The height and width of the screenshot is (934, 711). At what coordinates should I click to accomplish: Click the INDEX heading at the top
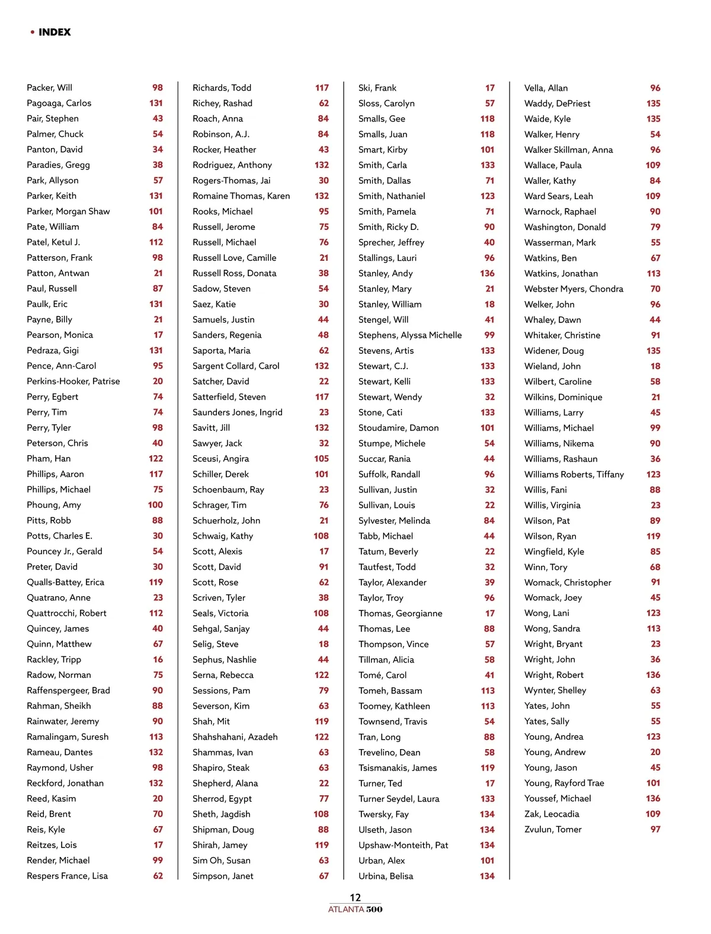tap(54, 32)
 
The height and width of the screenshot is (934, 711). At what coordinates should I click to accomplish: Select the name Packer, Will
tap(50, 88)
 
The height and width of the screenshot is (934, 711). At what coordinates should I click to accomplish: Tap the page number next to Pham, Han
tap(156, 459)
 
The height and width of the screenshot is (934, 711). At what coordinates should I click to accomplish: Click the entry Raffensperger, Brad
tap(68, 690)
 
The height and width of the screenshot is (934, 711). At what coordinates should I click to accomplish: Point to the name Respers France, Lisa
tap(67, 876)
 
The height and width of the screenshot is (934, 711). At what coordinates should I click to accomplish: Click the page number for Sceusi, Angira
tap(321, 459)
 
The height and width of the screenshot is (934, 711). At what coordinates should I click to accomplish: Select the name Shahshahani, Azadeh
tap(235, 737)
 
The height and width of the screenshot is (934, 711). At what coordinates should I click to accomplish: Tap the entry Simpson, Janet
tap(223, 876)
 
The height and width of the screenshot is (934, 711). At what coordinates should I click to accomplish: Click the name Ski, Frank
tap(377, 88)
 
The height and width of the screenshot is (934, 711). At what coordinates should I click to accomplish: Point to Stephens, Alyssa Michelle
tap(410, 335)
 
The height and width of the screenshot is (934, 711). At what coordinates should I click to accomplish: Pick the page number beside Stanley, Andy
tap(487, 273)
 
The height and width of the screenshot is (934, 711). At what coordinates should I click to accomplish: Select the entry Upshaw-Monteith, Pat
tap(403, 845)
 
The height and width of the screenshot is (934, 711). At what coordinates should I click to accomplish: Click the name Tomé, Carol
tap(382, 675)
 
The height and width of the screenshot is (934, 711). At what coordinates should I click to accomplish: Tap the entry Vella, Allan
tap(546, 88)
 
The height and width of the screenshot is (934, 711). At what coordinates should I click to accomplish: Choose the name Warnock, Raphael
tap(560, 212)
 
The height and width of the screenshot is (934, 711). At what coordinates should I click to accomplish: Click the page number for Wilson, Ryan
tap(653, 536)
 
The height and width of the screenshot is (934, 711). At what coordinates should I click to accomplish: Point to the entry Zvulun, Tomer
tap(553, 830)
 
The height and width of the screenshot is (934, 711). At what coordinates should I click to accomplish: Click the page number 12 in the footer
tap(355, 897)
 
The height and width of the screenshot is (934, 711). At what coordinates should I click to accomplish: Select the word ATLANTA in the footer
tap(346, 910)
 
